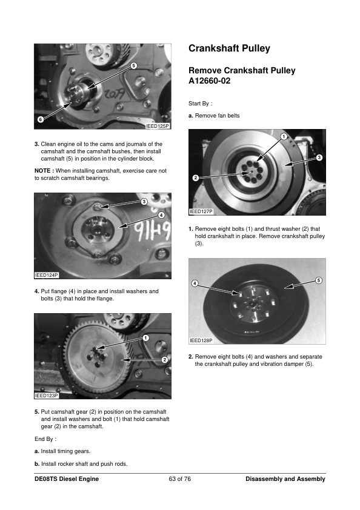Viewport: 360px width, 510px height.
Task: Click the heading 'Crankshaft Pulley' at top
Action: click(x=229, y=48)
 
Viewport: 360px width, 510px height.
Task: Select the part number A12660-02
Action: click(x=209, y=81)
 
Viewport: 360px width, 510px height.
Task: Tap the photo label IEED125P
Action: click(x=158, y=126)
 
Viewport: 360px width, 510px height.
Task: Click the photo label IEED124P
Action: click(x=47, y=275)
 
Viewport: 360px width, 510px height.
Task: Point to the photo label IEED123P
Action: click(x=47, y=396)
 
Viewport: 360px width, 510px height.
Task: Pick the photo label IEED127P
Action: click(x=201, y=211)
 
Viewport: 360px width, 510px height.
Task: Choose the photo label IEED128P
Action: click(x=201, y=340)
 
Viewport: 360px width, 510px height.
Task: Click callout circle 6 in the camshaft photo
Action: click(x=41, y=119)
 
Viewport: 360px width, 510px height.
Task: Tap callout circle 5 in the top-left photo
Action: click(x=133, y=65)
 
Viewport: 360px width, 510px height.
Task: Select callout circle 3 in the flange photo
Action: click(x=144, y=202)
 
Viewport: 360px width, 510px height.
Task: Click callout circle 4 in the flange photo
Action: click(x=161, y=214)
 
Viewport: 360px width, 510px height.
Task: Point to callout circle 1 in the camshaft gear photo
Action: click(x=145, y=338)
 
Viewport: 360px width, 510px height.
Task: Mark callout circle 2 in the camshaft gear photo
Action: click(x=165, y=359)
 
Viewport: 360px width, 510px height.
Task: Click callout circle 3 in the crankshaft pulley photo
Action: click(x=319, y=157)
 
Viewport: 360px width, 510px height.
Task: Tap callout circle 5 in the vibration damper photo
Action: click(x=319, y=280)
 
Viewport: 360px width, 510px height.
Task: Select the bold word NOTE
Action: click(x=42, y=171)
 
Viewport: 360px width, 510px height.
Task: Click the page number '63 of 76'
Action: click(x=179, y=479)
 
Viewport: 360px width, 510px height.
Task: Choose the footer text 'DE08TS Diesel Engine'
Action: click(x=67, y=479)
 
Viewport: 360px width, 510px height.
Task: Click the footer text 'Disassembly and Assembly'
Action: click(x=285, y=479)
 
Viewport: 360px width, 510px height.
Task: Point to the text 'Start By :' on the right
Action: click(x=200, y=104)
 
